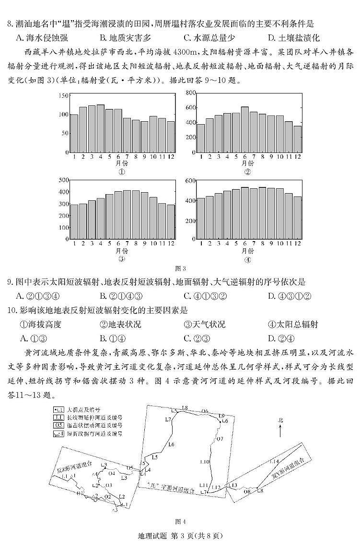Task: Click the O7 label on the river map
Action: (220, 439)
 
